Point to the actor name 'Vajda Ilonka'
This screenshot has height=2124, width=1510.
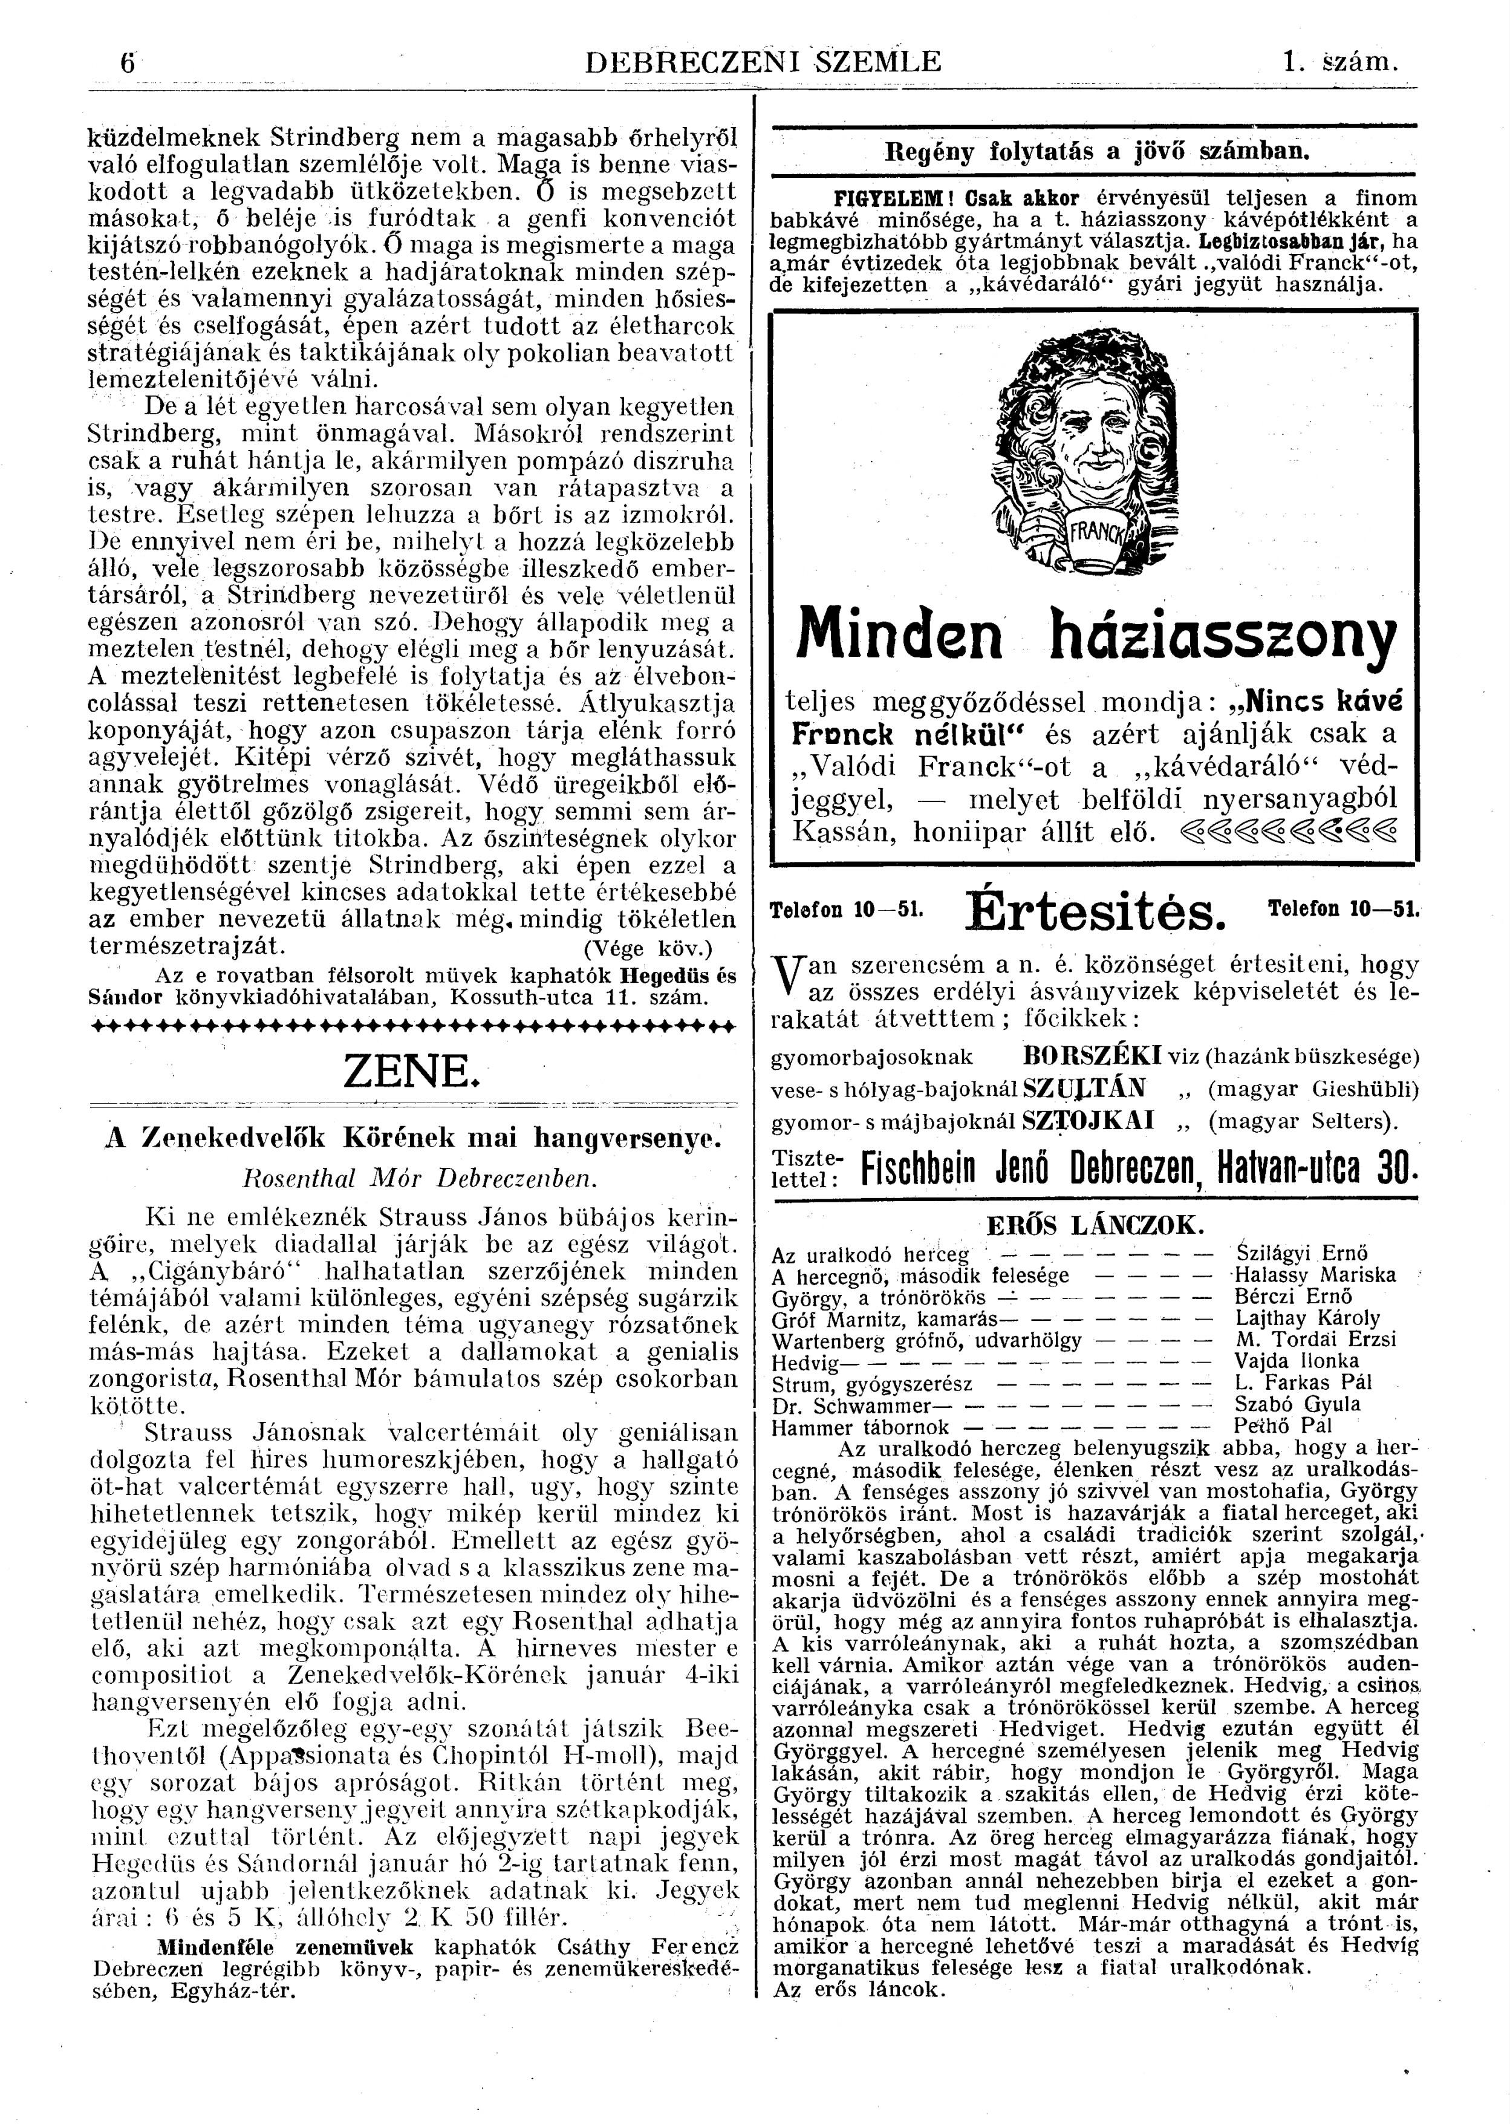(x=1283, y=1361)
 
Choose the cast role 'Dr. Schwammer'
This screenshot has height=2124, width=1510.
(x=851, y=1405)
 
